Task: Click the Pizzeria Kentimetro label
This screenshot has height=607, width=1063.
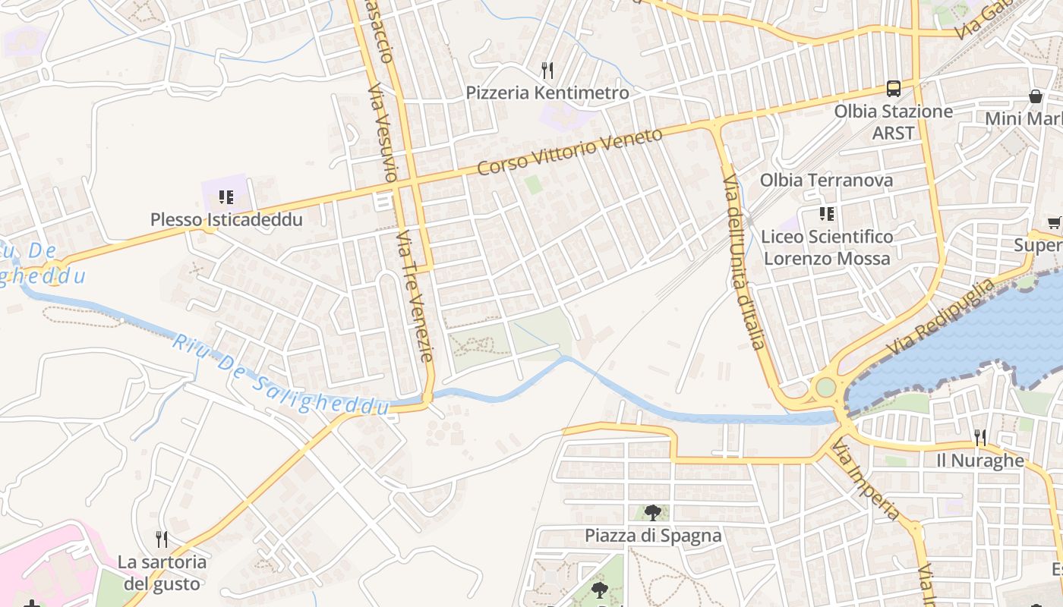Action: click(x=547, y=93)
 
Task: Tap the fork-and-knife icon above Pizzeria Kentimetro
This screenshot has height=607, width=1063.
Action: click(x=547, y=71)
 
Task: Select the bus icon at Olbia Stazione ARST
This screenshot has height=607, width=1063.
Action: click(x=894, y=88)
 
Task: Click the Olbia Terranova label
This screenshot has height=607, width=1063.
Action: click(x=826, y=181)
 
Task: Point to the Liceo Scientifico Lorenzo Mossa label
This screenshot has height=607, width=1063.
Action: click(x=826, y=247)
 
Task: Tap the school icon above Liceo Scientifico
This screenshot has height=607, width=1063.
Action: click(x=826, y=214)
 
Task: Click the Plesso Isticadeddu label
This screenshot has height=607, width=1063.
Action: click(x=226, y=220)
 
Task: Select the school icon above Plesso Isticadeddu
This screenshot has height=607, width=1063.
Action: click(x=226, y=197)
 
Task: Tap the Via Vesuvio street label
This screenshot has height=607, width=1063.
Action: click(x=382, y=133)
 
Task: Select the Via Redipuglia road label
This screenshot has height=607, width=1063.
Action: click(x=941, y=317)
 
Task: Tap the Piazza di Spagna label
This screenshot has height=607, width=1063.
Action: click(x=653, y=536)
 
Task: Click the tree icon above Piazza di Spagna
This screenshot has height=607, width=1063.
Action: click(x=652, y=512)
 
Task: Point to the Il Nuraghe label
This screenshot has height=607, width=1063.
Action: click(x=980, y=461)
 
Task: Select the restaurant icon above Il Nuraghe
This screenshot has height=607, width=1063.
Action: click(x=980, y=437)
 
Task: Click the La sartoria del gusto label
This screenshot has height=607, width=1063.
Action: click(x=162, y=573)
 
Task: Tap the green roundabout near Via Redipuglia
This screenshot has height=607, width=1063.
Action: click(x=825, y=388)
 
